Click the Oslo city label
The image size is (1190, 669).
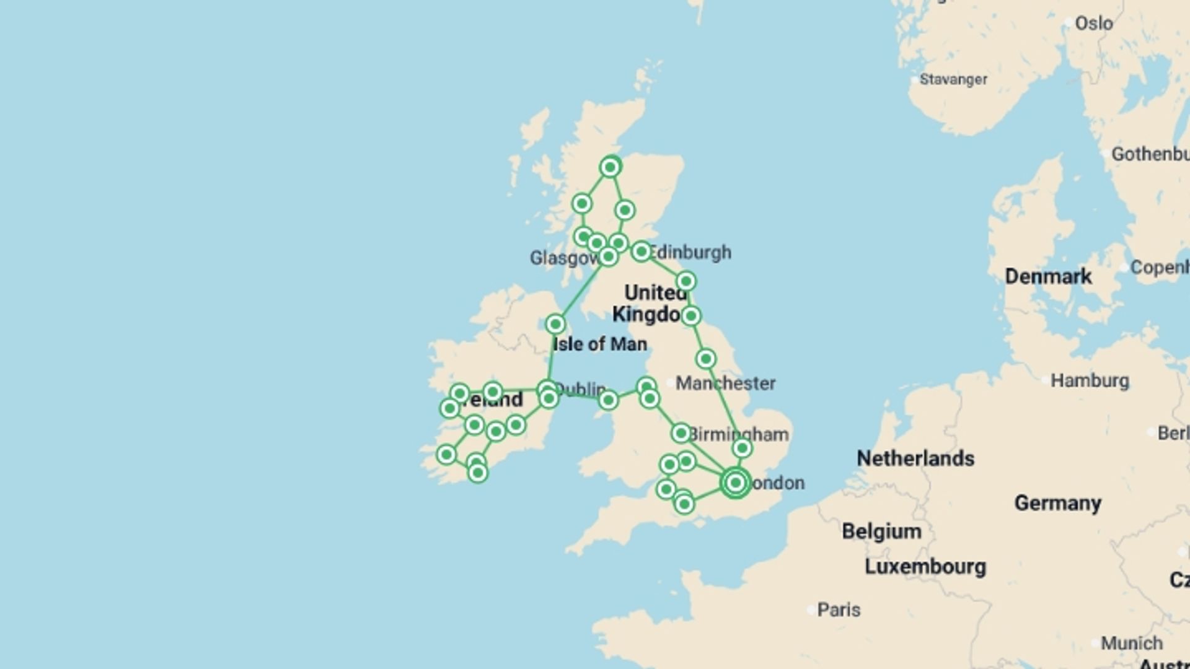(x=1093, y=24)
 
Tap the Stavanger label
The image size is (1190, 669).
(x=953, y=79)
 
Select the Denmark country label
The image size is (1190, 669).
(x=1048, y=276)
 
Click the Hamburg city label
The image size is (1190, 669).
(x=1090, y=380)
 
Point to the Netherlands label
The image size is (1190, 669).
(x=915, y=458)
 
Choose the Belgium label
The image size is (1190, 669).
(x=881, y=531)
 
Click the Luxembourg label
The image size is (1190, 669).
(x=925, y=567)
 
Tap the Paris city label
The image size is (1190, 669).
(x=839, y=610)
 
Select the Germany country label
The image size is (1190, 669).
(x=1057, y=503)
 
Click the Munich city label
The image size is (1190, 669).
(x=1131, y=643)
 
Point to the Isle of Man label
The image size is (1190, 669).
(x=599, y=344)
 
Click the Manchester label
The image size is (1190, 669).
(x=725, y=383)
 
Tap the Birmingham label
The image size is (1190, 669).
(x=738, y=434)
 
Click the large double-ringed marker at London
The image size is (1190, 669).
(x=735, y=483)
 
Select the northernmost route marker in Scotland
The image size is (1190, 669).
(x=610, y=167)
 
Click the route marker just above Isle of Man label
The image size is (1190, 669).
(x=555, y=324)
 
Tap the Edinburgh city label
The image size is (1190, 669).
(x=690, y=252)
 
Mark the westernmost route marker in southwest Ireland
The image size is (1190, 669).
(x=446, y=455)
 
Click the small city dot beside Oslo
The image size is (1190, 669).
(x=1067, y=23)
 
